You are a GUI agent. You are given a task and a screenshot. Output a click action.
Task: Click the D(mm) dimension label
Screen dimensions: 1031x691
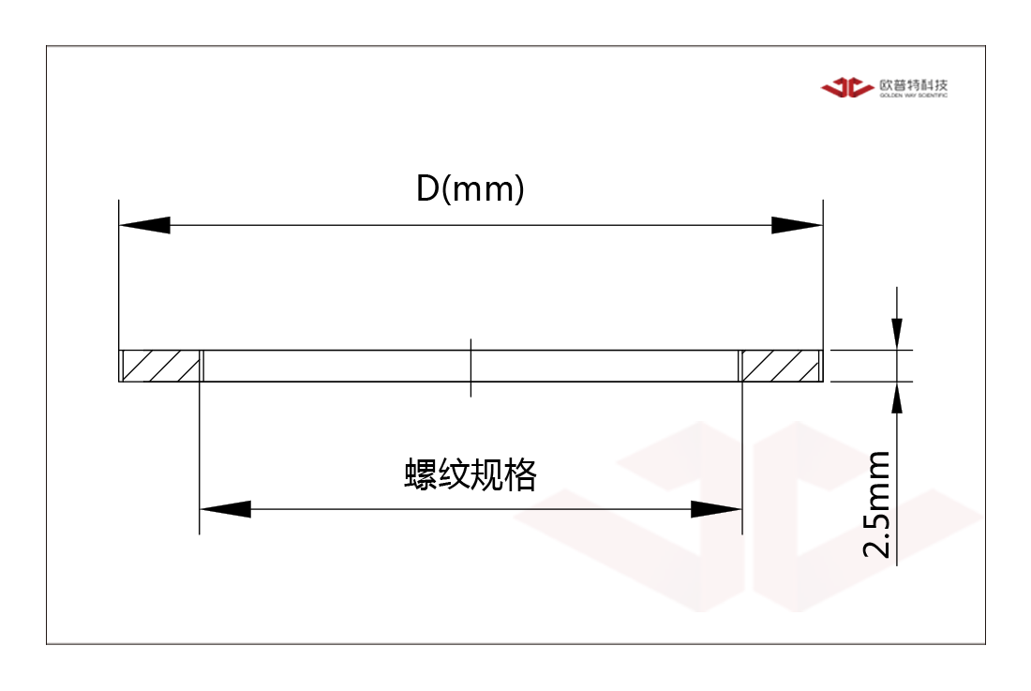click(x=471, y=188)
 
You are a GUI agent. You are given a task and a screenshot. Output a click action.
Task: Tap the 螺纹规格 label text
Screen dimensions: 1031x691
click(x=471, y=474)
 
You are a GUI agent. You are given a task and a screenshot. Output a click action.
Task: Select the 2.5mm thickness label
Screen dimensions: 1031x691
click(x=877, y=504)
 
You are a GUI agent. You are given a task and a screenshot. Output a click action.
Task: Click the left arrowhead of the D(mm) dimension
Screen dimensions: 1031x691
click(x=144, y=225)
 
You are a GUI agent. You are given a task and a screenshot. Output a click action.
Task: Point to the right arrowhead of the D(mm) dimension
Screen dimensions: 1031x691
click(x=797, y=225)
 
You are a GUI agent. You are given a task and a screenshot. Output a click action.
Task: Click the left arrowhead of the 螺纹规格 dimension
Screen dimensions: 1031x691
click(x=225, y=509)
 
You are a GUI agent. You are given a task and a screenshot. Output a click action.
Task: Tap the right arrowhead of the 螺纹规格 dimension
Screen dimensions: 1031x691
click(x=716, y=509)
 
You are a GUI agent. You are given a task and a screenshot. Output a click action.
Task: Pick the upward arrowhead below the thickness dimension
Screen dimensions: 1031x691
click(x=896, y=398)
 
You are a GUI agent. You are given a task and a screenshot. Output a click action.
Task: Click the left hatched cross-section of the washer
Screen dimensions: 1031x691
click(x=161, y=366)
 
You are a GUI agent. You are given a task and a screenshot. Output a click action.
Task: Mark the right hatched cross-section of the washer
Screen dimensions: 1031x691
click(x=781, y=366)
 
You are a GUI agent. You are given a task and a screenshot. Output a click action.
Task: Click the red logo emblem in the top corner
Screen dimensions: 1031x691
click(x=847, y=87)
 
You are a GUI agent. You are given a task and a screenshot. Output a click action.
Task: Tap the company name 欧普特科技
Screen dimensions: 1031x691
click(x=914, y=84)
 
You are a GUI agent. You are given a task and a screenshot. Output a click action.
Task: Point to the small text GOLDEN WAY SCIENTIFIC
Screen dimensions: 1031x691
click(x=914, y=96)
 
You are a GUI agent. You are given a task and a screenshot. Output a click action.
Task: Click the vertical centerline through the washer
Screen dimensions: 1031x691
click(x=471, y=368)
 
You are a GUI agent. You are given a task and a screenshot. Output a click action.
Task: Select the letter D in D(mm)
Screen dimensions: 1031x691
click(x=427, y=188)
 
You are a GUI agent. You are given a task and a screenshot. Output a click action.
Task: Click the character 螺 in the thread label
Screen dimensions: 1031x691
click(x=421, y=474)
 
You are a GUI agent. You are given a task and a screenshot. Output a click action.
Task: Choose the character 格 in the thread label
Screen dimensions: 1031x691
click(x=521, y=474)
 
